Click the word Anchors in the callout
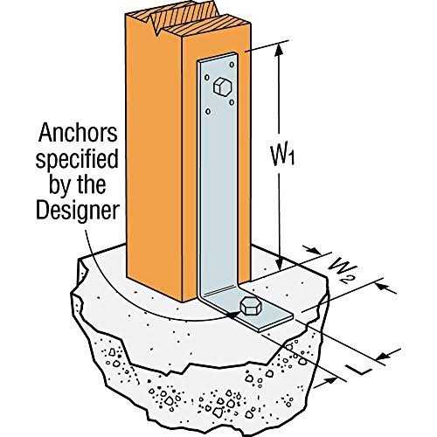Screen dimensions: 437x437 coord(78,133)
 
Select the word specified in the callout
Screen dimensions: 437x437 coord(77,160)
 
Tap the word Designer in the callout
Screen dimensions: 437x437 coord(78,211)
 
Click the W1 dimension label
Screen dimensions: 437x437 coord(282,156)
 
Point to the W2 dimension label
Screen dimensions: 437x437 coord(341,271)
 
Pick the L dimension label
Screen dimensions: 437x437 coord(361,368)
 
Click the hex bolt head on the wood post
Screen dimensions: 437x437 coord(222,87)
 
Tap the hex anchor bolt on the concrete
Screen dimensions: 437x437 coord(251,306)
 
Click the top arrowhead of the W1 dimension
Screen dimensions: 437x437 coord(279,50)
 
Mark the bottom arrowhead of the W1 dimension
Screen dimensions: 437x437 coord(279,264)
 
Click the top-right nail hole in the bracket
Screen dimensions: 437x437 coord(232,65)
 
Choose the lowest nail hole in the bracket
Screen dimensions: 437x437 coord(208,112)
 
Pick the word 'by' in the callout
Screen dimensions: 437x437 coord(61,186)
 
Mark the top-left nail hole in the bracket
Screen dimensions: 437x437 coord(207,78)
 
